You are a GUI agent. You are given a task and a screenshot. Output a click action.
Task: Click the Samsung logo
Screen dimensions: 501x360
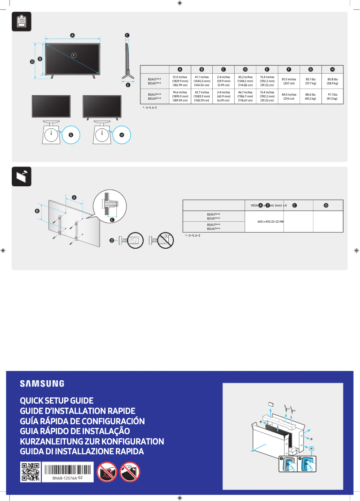(x=42, y=383)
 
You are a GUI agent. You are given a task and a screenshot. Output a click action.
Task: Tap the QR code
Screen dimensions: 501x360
(x=31, y=472)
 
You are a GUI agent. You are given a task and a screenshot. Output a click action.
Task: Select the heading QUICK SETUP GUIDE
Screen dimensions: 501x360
(x=57, y=400)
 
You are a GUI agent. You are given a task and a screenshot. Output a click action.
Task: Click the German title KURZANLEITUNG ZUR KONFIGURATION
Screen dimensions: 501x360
(x=92, y=441)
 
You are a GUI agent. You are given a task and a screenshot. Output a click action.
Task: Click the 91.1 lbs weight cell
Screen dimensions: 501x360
(x=332, y=97)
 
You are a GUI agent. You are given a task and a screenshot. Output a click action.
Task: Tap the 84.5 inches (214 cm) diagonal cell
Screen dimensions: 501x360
(x=289, y=97)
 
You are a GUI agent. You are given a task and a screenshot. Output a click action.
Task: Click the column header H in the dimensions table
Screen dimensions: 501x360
(x=332, y=69)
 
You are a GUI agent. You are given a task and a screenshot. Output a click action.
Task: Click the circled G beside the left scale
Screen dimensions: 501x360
(x=70, y=134)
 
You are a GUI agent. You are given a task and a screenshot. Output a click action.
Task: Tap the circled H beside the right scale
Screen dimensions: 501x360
(x=122, y=134)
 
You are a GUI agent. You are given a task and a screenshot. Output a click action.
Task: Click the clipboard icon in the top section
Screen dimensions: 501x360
(x=21, y=22)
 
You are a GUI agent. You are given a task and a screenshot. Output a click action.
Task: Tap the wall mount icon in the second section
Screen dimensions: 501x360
(x=21, y=176)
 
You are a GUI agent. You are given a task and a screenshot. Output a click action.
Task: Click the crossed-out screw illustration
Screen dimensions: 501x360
(x=162, y=241)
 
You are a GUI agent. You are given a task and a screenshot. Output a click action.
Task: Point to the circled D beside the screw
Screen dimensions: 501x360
(x=112, y=241)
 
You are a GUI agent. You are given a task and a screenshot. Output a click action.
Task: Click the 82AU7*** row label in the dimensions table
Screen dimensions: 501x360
(x=155, y=79)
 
